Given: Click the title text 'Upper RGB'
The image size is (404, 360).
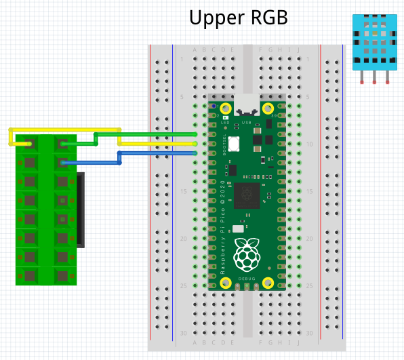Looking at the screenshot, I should pos(238,18).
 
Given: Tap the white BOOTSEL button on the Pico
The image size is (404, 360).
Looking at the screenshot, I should pos(235,144).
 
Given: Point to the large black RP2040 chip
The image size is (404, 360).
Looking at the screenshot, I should pos(246,195).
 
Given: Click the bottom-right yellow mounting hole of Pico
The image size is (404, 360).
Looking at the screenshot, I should pos(268,283).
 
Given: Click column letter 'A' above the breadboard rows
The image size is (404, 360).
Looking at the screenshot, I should pos(195,49).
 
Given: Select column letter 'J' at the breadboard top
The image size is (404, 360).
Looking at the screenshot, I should pos(298,49).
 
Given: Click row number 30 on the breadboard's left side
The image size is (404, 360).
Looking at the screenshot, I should pos(184,333).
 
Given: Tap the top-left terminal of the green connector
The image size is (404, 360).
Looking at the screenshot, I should pos(28,143).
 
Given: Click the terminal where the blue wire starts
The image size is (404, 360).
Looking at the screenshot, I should pos(62,162).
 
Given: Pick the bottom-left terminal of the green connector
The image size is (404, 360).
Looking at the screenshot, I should pos(28,275).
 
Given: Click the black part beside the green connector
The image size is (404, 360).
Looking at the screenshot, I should pos(80,210).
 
